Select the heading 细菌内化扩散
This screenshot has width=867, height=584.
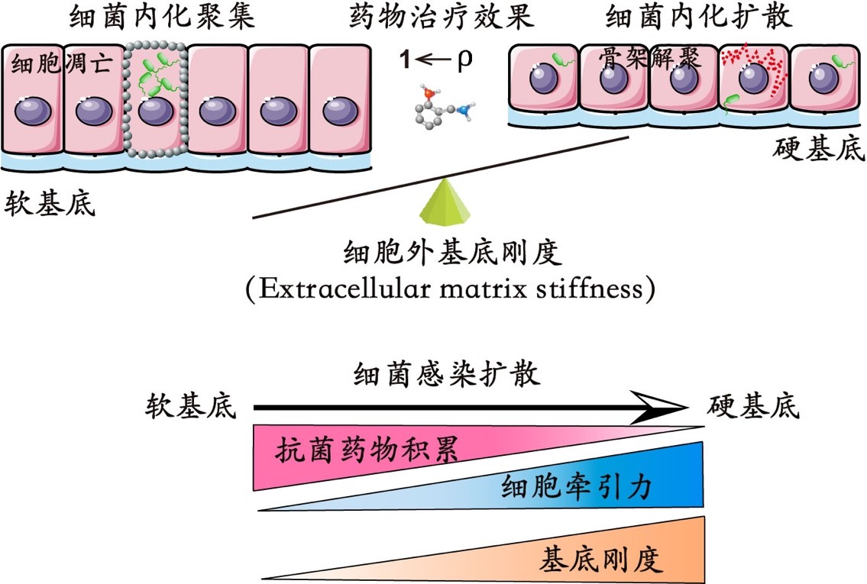tap(698, 17)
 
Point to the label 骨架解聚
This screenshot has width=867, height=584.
tap(651, 60)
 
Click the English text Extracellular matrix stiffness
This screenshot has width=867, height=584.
tap(451, 290)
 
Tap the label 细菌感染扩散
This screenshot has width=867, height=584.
tap(447, 375)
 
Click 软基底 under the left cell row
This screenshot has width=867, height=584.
tap(50, 204)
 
